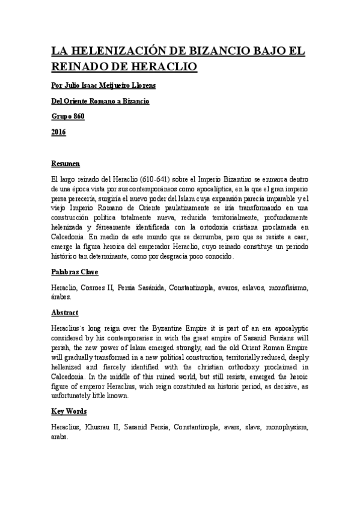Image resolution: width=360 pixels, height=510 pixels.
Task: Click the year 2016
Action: [x=59, y=132]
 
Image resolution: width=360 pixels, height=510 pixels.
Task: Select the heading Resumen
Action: [x=66, y=164]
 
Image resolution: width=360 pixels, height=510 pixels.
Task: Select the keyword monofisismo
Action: [x=288, y=288]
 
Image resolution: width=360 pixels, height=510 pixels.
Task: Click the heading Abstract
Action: [x=65, y=313]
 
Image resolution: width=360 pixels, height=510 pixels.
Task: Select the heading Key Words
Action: [x=70, y=412]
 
